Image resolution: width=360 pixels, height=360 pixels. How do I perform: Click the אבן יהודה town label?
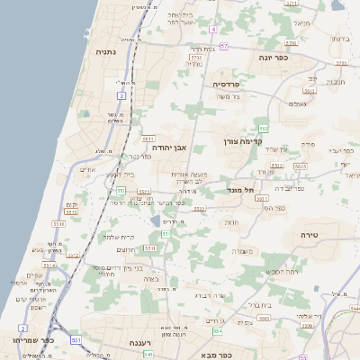168,145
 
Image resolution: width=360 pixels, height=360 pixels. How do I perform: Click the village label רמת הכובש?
282,271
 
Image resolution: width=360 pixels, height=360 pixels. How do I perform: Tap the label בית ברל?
258,304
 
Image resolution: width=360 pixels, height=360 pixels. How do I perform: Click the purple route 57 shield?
224,45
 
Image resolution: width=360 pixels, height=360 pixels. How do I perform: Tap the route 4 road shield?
212,29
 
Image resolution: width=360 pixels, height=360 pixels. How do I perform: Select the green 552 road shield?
121,191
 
